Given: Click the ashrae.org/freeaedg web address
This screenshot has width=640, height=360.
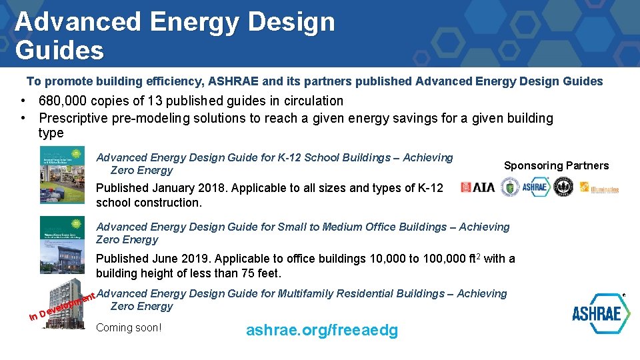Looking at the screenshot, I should [x=322, y=330].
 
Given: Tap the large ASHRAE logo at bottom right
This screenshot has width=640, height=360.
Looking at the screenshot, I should [x=601, y=313].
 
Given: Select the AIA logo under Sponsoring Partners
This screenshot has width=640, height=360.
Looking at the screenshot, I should [x=477, y=187].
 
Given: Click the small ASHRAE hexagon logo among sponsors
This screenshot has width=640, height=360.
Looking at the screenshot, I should [x=535, y=187].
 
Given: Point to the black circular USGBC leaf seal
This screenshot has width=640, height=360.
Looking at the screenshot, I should [x=563, y=187].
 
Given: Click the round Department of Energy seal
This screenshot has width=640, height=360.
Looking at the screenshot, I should [x=509, y=187].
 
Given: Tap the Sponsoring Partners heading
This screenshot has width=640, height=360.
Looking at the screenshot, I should [x=556, y=165].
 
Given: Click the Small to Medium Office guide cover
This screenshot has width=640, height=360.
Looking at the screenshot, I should [x=62, y=244].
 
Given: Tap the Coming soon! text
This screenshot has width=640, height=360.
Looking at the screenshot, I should [x=129, y=327].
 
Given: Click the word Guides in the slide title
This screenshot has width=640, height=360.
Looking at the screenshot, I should [x=59, y=50].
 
